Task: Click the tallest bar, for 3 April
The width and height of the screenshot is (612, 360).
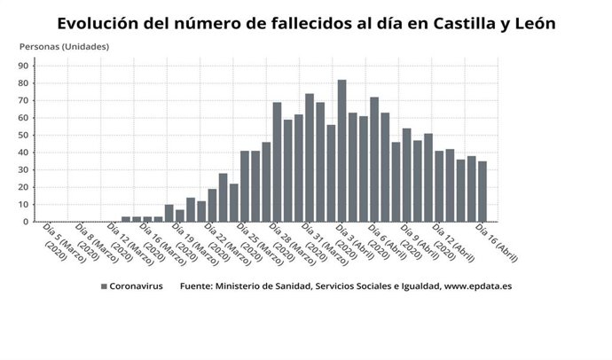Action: pyautogui.click(x=341, y=151)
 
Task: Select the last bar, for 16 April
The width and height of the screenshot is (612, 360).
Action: pyautogui.click(x=482, y=192)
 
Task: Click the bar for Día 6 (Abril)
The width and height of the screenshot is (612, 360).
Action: pyautogui.click(x=374, y=160)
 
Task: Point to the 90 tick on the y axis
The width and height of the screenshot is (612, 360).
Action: pyautogui.click(x=25, y=66)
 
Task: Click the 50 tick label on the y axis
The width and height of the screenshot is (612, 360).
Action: pyautogui.click(x=25, y=135)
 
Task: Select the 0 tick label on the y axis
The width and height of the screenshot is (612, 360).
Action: pyautogui.click(x=27, y=222)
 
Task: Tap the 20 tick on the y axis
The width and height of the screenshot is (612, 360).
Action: pyautogui.click(x=25, y=187)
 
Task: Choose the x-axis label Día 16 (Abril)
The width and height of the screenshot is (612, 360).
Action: pyautogui.click(x=497, y=242)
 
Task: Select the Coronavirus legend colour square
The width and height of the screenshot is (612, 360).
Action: pyautogui.click(x=104, y=286)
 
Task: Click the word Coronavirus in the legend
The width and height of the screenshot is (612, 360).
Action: pyautogui.click(x=137, y=286)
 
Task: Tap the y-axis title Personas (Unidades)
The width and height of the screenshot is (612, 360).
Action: pyautogui.click(x=64, y=45)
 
